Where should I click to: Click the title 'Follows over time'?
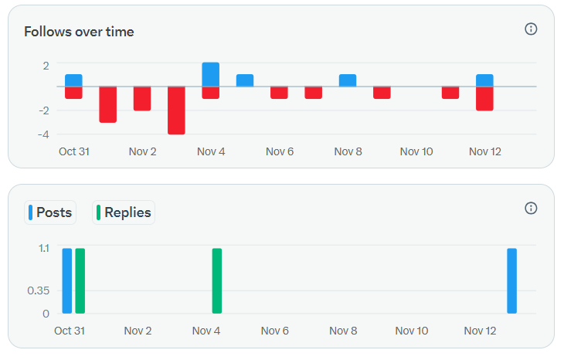[x=79, y=32]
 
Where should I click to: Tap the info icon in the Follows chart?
[x=531, y=29]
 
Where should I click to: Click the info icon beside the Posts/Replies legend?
[x=531, y=208]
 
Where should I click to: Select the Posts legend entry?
[x=50, y=212]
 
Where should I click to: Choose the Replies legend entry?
[x=124, y=212]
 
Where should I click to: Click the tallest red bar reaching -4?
[x=176, y=110]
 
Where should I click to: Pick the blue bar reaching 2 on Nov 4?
[x=211, y=74]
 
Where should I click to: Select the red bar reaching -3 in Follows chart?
[x=107, y=104]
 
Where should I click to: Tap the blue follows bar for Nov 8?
[x=348, y=80]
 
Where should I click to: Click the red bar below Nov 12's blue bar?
[x=484, y=98]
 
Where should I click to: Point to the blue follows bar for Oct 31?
[x=73, y=80]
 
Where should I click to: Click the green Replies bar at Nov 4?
[x=217, y=280]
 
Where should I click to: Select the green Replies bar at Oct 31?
[x=80, y=280]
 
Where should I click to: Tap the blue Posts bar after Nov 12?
[x=511, y=280]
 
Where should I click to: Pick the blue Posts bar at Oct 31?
[x=67, y=280]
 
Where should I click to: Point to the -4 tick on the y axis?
[x=43, y=134]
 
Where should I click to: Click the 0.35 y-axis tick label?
[x=39, y=290]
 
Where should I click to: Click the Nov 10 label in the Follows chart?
[x=416, y=151]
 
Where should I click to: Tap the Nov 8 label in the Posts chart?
[x=343, y=331]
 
